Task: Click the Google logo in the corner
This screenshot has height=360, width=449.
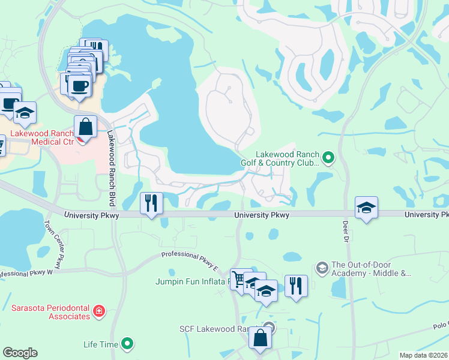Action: coord(20,353)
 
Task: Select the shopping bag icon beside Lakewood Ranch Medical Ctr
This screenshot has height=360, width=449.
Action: coord(86,127)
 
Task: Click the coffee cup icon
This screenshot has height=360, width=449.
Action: coord(80,85)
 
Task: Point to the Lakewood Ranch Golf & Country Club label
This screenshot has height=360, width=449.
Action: coord(286,158)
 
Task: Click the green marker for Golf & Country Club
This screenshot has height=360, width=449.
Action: coord(328,158)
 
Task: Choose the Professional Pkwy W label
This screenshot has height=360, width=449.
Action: coord(26,274)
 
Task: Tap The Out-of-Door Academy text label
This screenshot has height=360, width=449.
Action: coord(371,269)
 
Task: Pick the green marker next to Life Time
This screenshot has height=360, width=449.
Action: coord(127,344)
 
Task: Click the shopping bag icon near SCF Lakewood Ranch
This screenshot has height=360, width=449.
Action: coord(261,337)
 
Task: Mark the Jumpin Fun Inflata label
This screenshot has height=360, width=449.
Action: coord(190,281)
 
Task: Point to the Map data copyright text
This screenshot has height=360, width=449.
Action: coord(424,355)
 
